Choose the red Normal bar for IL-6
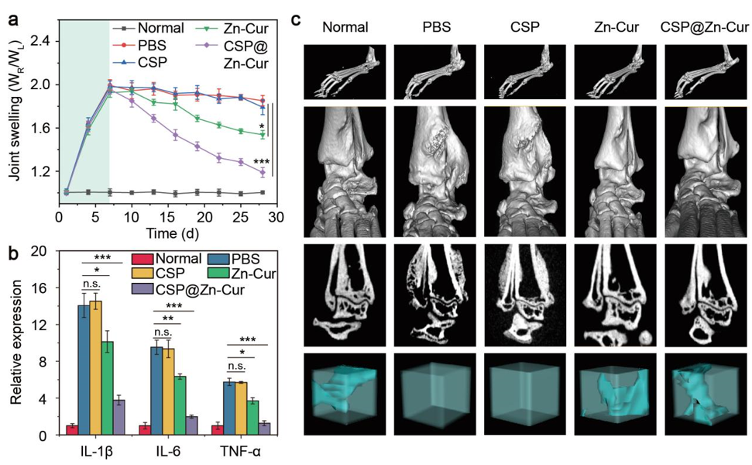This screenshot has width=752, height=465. click(144, 430)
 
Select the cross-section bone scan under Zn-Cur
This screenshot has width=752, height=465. click(616, 295)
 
